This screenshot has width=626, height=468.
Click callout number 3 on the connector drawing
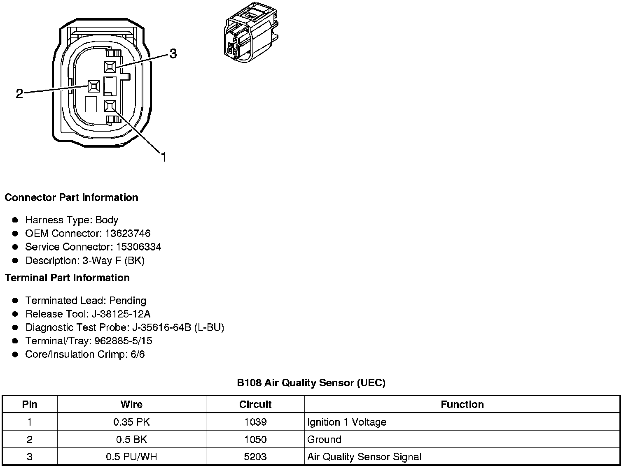173,53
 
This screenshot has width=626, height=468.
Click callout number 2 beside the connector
19,94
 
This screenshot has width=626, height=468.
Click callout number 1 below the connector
164,157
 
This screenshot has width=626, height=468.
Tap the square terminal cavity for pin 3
110,67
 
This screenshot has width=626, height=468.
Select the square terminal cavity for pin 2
93,86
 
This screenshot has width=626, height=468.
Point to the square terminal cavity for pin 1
110,106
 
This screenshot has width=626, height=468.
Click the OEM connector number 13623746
128,234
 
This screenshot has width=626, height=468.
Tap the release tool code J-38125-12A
121,314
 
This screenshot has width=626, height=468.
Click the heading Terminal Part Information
67,278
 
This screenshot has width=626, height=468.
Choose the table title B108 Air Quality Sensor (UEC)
311,383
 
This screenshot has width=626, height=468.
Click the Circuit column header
255,405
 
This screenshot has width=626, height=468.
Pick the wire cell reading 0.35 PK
131,422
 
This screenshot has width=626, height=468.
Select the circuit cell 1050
255,440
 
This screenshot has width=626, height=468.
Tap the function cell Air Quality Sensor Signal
364,457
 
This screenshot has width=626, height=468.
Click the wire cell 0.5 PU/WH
131,457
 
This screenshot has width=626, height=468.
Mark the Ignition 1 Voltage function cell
346,422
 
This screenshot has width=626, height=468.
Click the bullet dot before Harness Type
15,220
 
